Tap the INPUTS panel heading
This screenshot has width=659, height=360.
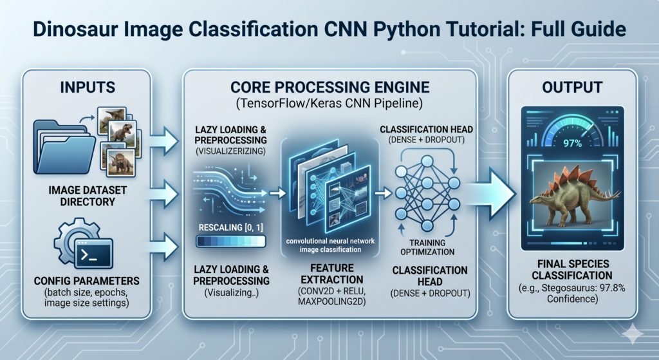point(88,87)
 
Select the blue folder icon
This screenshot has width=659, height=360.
point(64,147)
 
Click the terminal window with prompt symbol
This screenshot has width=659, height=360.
point(94,254)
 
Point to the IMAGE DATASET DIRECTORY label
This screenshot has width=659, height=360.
point(88,196)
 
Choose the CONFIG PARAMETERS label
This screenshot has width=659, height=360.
point(87,281)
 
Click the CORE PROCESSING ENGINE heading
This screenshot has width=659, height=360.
point(330,87)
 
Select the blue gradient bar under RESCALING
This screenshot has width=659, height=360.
point(231,241)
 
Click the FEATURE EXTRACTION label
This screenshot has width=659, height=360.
point(332,274)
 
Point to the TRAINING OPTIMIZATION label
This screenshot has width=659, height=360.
point(427,247)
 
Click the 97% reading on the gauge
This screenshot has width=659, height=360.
point(572,144)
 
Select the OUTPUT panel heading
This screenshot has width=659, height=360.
point(572,87)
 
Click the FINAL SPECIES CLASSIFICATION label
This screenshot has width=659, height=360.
point(572,270)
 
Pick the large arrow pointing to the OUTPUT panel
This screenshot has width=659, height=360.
point(492,193)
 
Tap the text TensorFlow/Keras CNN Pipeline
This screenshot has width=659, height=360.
point(329,104)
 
